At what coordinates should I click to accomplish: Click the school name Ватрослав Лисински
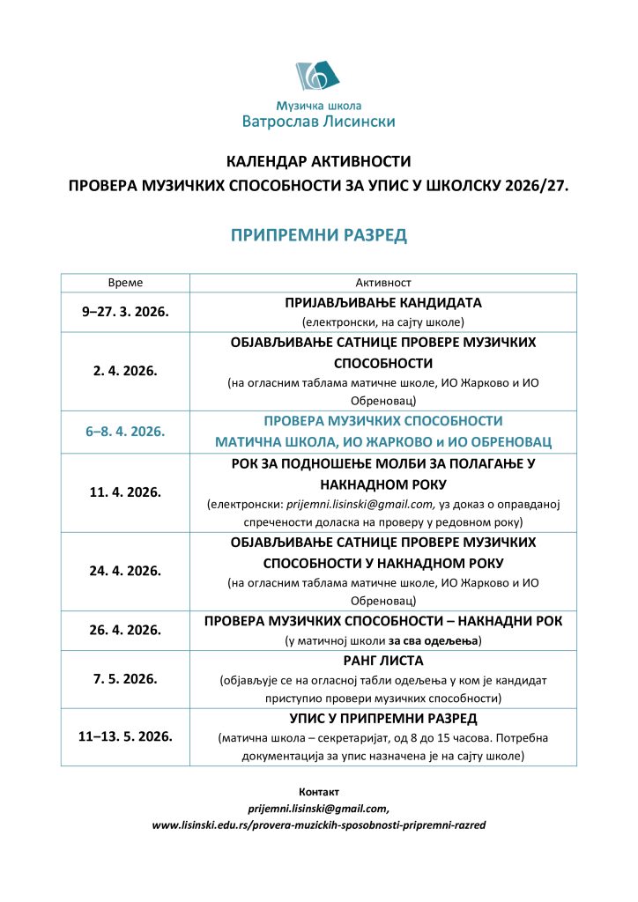pyautogui.click(x=318, y=122)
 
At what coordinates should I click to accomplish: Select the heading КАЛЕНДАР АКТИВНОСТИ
pyautogui.click(x=319, y=162)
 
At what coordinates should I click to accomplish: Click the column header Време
pyautogui.click(x=125, y=283)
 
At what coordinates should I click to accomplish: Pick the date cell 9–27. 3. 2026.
pyautogui.click(x=125, y=312)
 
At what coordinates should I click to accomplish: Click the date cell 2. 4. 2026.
pyautogui.click(x=125, y=371)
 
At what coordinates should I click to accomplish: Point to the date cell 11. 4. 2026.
pyautogui.click(x=125, y=492)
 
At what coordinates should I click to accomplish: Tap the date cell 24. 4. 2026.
pyautogui.click(x=125, y=570)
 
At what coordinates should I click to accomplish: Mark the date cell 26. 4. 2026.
pyautogui.click(x=125, y=630)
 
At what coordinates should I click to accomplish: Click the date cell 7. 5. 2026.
pyautogui.click(x=125, y=678)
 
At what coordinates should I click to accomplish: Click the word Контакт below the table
pyautogui.click(x=319, y=792)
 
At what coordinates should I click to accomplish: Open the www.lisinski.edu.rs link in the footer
pyautogui.click(x=319, y=825)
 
